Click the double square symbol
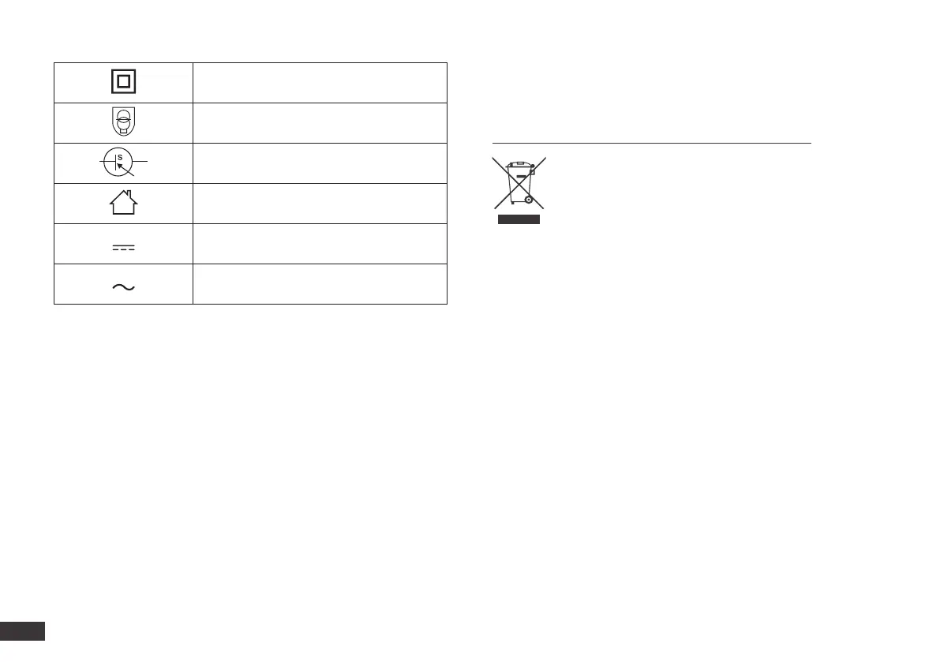pyautogui.click(x=123, y=82)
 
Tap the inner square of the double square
pyautogui.click(x=123, y=82)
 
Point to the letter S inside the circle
pyautogui.click(x=120, y=157)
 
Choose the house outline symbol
pyautogui.click(x=123, y=204)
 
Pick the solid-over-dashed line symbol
pyautogui.click(x=123, y=248)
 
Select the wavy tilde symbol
pyautogui.click(x=123, y=287)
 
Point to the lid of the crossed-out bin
pyautogui.click(x=518, y=164)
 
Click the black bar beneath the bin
pyautogui.click(x=519, y=219)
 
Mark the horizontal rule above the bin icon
pyautogui.click(x=651, y=143)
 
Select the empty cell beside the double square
pyautogui.click(x=320, y=82)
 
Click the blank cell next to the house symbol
pyautogui.click(x=320, y=204)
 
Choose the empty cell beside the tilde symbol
pyautogui.click(x=320, y=284)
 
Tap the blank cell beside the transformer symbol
pyautogui.click(x=320, y=123)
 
